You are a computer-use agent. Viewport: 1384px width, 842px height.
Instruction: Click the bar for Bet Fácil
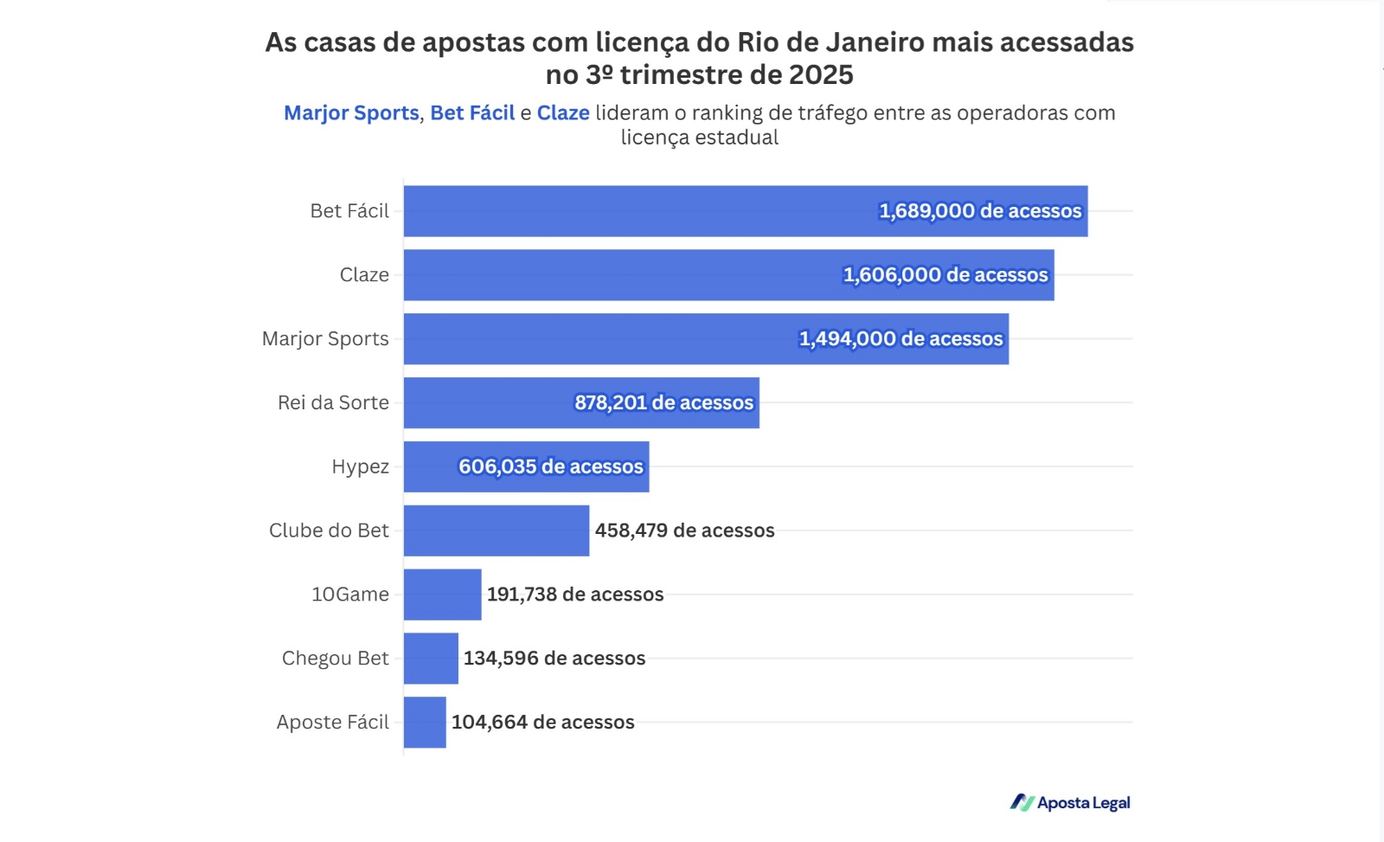640,211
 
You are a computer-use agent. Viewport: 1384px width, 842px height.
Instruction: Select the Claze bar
623,275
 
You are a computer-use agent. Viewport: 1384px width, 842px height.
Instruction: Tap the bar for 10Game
442,595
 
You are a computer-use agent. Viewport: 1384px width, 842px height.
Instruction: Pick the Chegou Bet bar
431,659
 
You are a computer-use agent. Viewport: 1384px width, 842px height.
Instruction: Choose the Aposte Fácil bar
425,723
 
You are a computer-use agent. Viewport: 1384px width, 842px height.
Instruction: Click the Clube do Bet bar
497,530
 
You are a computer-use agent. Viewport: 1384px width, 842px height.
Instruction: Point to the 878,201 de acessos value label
663,403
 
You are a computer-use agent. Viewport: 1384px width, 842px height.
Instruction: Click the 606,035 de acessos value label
550,467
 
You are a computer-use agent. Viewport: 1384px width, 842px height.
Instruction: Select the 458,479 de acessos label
684,530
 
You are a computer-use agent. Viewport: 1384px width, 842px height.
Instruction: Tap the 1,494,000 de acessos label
900,339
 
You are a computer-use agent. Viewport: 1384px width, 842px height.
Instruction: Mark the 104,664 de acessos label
542,723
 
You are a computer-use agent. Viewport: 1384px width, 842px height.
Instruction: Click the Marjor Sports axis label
325,339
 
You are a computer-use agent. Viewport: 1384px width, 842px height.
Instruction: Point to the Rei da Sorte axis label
333,403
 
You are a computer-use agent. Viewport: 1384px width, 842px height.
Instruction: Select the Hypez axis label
360,467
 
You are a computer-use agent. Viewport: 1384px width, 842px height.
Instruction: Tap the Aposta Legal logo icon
1022,803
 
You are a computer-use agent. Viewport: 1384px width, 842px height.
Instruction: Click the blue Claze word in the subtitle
563,113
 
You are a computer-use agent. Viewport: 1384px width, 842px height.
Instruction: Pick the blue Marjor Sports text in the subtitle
351,113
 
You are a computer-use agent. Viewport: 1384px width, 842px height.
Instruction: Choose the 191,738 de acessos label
575,595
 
